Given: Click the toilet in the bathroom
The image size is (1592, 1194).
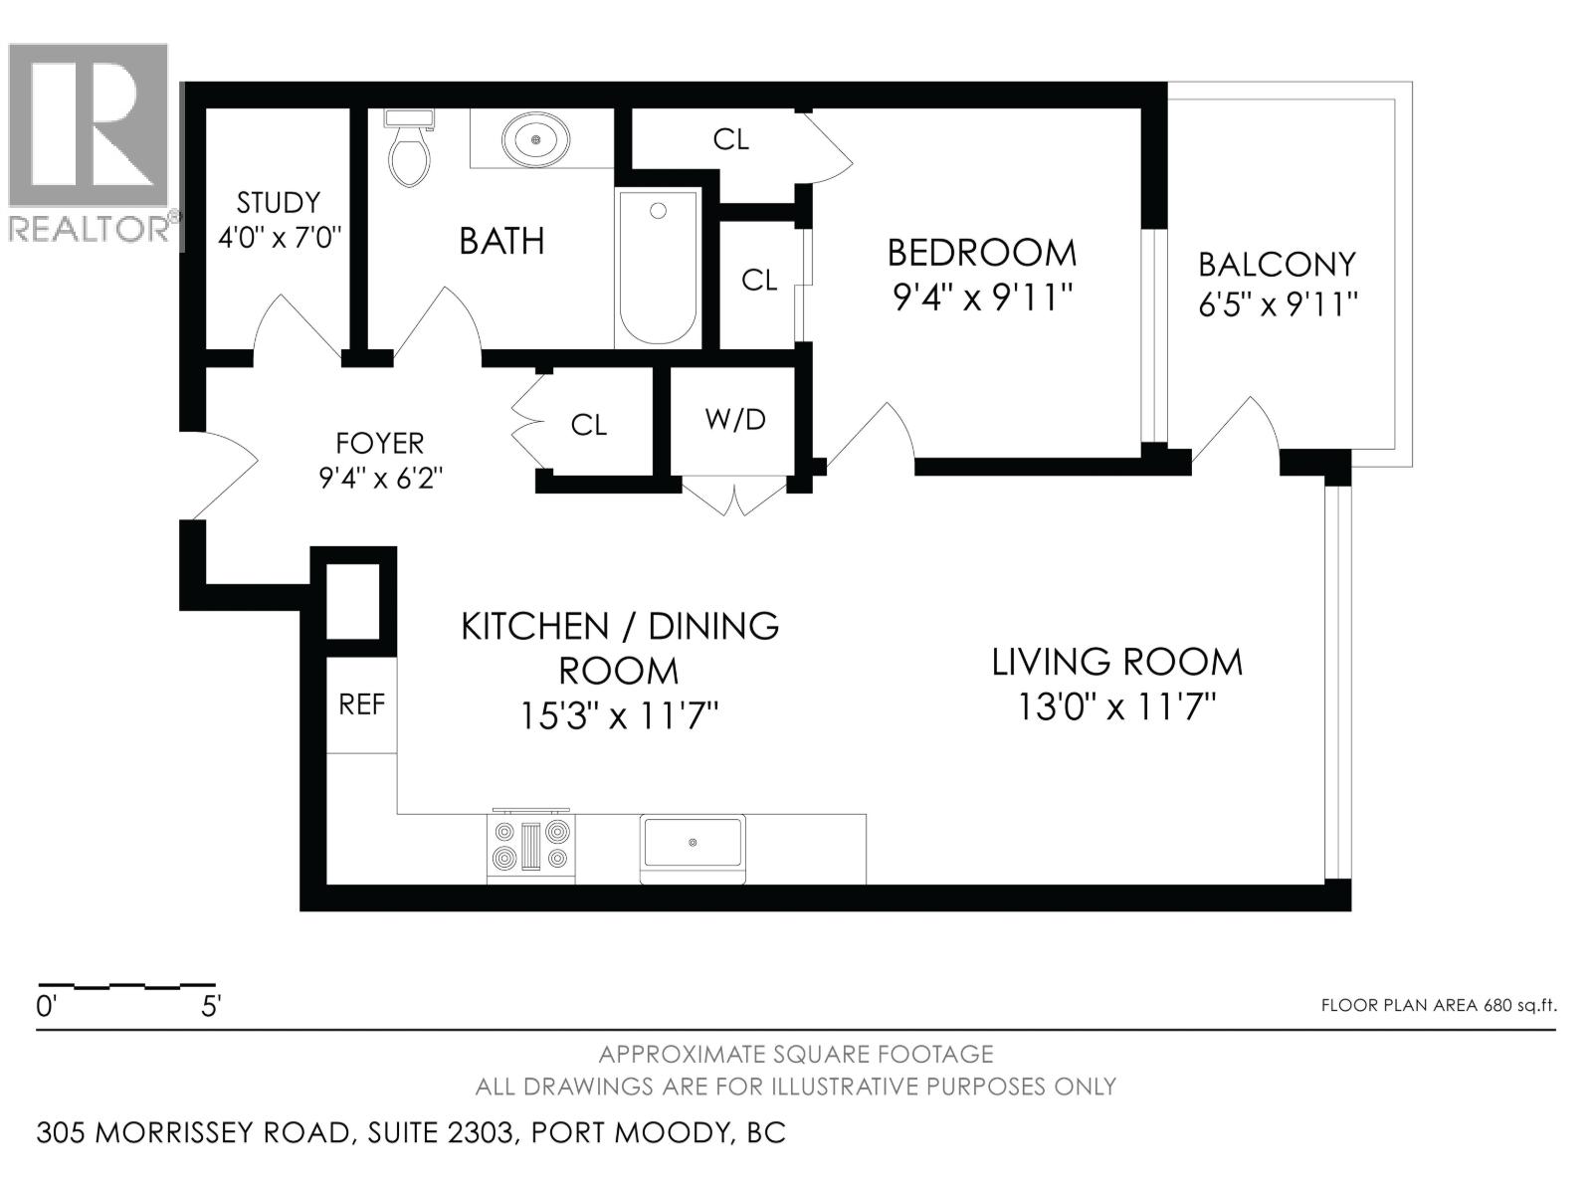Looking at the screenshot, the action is click(x=410, y=147).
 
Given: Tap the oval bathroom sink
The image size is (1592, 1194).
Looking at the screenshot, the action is click(x=536, y=138).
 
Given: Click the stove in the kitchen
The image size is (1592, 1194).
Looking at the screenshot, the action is click(x=531, y=846).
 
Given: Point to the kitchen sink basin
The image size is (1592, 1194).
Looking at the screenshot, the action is click(x=693, y=843).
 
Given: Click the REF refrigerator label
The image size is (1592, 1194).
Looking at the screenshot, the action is click(x=362, y=703).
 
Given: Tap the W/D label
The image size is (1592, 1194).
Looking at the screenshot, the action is click(x=735, y=419).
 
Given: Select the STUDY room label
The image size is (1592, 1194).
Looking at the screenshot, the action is click(x=278, y=202).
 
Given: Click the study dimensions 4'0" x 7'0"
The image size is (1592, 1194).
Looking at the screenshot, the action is click(x=280, y=237).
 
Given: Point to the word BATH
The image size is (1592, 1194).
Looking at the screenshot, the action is click(x=501, y=241).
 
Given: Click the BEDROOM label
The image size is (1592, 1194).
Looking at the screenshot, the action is click(x=982, y=253).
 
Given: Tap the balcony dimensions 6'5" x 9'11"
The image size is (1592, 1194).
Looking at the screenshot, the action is click(x=1278, y=304).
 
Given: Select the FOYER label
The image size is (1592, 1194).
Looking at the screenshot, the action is click(x=380, y=443).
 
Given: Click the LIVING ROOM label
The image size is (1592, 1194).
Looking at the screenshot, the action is click(x=1117, y=662).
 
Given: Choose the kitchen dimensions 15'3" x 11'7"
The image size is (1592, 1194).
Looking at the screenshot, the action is click(x=619, y=716).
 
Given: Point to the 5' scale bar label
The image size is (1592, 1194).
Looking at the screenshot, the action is click(x=210, y=1007).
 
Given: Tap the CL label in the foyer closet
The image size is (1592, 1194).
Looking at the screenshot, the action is click(x=588, y=425).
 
